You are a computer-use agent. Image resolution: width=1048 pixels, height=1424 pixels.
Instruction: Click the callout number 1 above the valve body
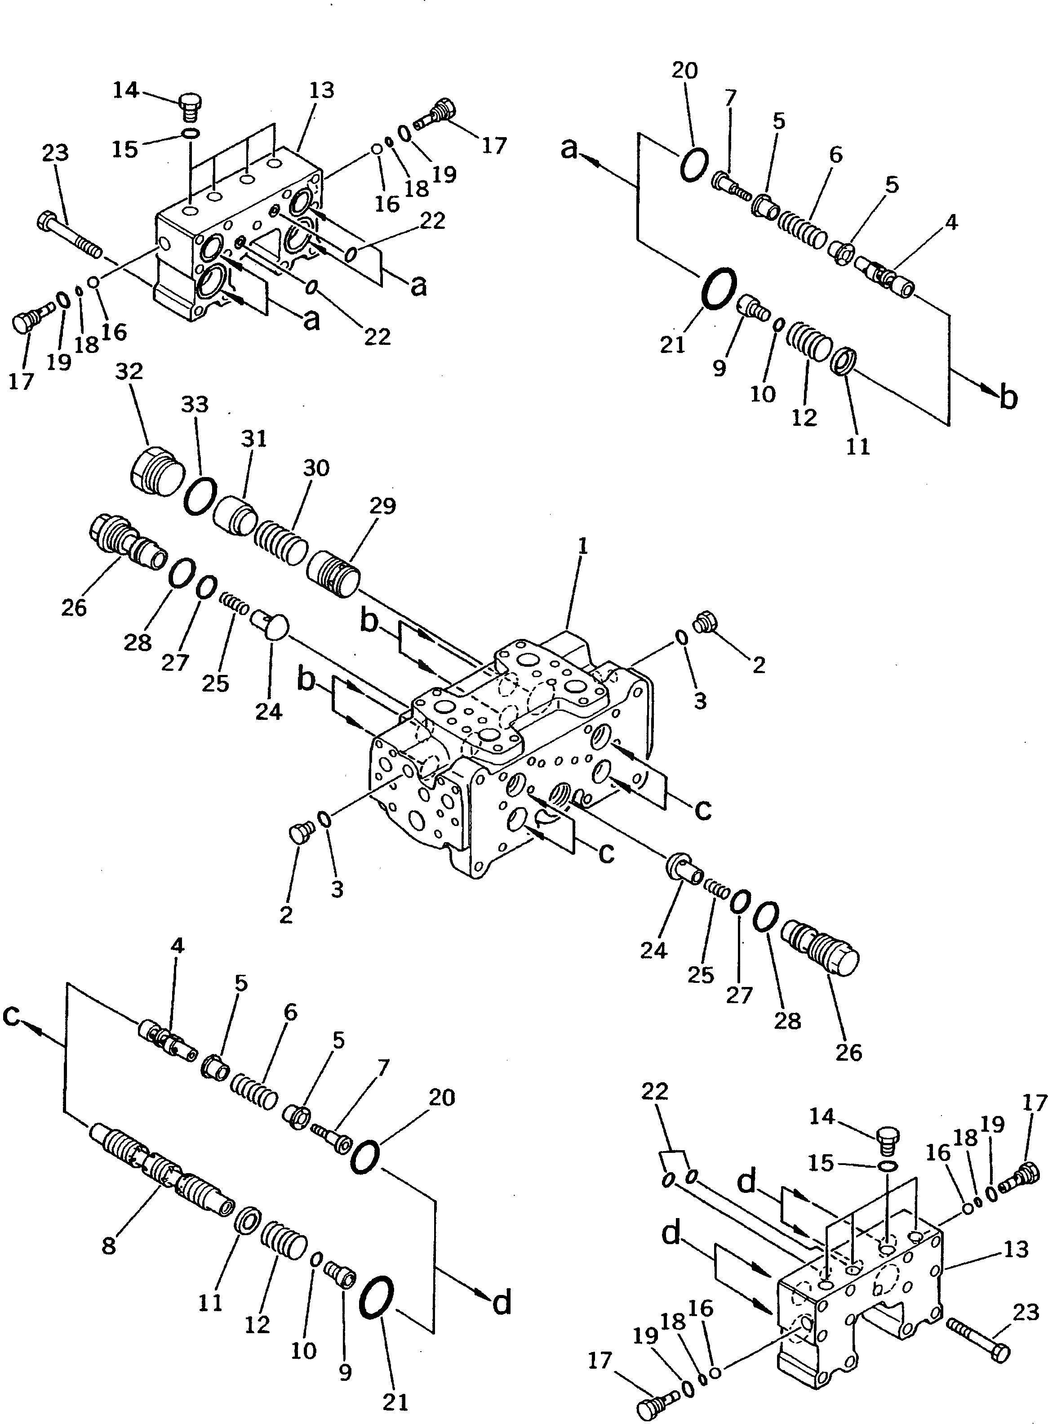(583, 546)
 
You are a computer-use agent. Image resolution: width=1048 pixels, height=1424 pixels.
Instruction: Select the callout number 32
(129, 372)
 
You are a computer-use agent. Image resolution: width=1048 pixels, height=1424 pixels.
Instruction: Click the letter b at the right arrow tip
(1008, 398)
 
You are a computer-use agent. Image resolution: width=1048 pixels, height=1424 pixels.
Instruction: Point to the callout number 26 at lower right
(849, 1052)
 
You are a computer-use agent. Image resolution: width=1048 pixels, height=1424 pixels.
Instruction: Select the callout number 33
(195, 404)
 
